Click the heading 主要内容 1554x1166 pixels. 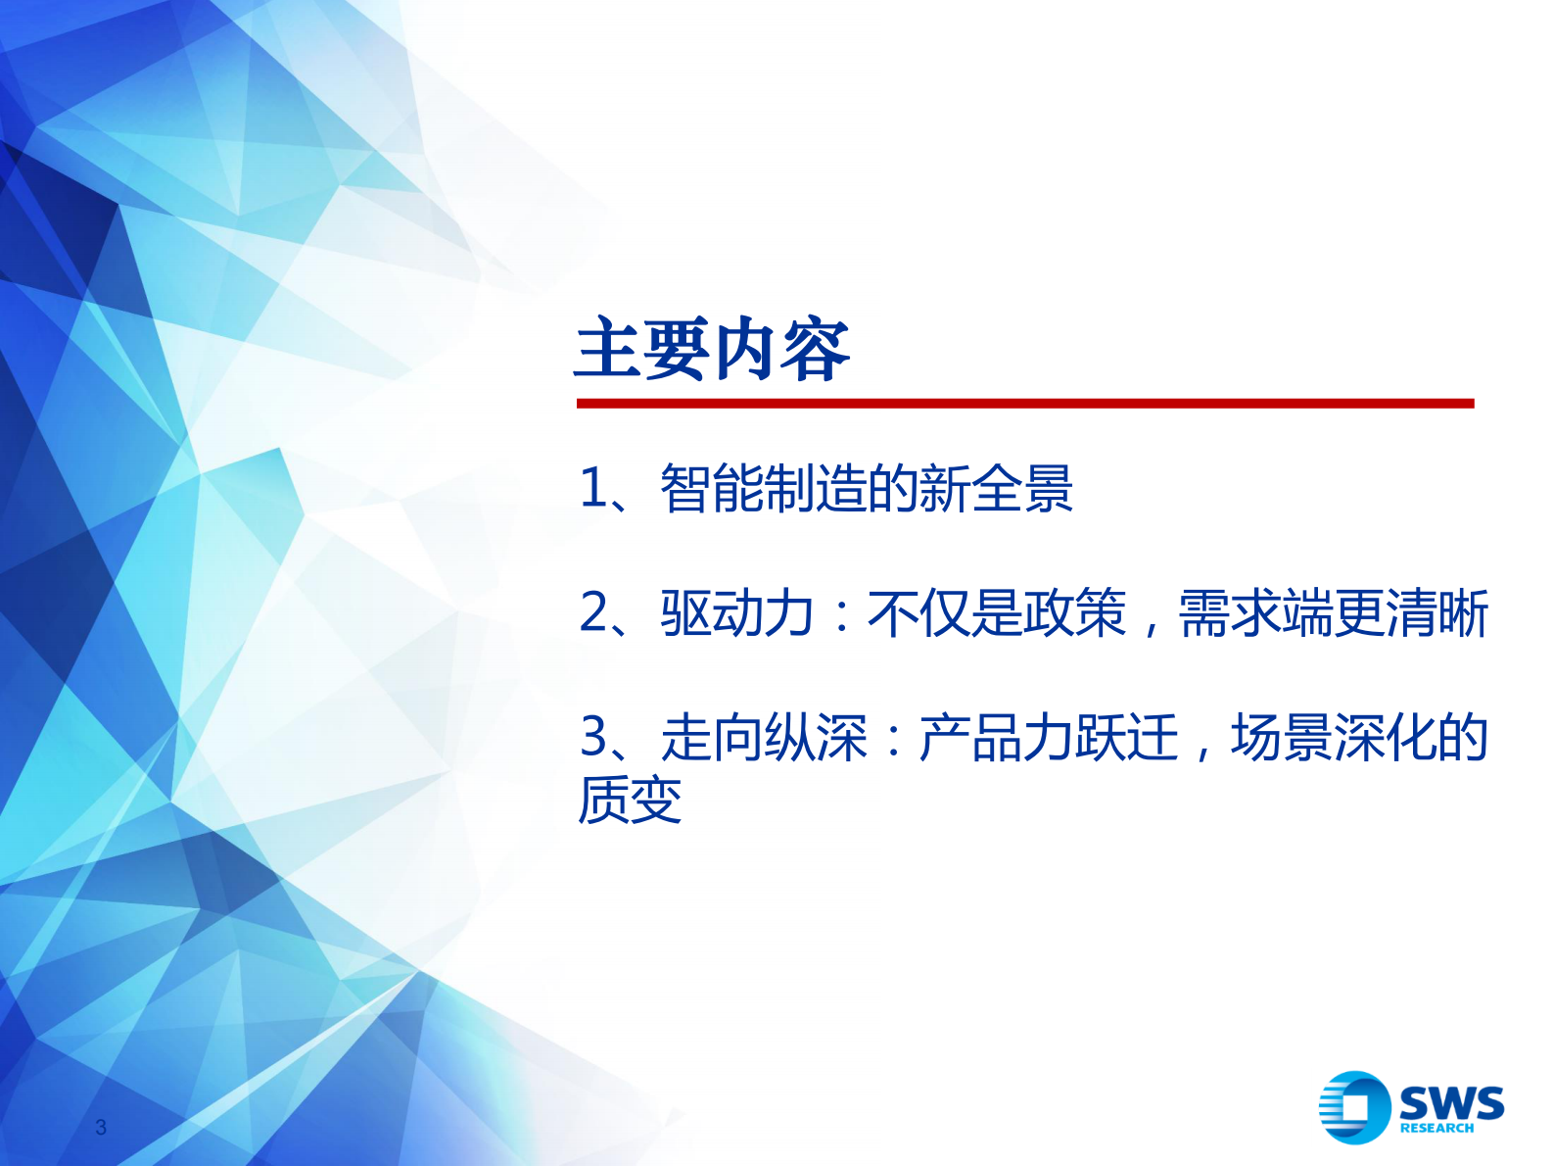[712, 350]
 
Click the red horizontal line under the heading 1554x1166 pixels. [1024, 403]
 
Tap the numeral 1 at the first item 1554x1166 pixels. [593, 488]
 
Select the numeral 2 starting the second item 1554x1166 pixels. [594, 613]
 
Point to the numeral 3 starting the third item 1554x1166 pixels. [594, 737]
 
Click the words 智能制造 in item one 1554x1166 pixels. [763, 488]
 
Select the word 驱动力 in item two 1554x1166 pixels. [736, 613]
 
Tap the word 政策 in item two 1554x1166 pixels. [1074, 613]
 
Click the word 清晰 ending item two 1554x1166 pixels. [1436, 613]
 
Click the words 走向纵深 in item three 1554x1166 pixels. [763, 737]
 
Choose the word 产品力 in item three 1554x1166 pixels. [996, 737]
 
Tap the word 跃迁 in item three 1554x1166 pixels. [1126, 737]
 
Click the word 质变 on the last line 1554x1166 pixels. [630, 800]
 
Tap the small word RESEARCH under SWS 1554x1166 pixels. [1436, 1128]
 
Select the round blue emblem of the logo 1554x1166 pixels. [1353, 1107]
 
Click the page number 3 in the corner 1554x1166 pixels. [101, 1127]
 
